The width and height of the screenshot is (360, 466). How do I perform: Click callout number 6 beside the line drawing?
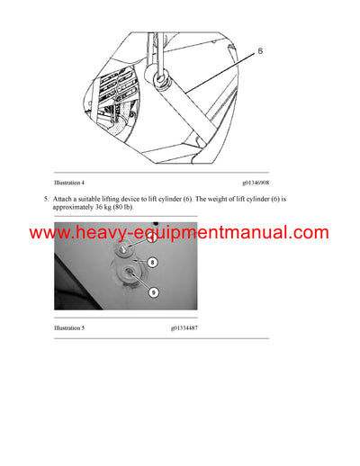260,52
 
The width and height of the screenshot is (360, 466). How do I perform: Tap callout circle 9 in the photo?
154,291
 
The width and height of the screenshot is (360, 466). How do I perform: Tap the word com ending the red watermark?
309,232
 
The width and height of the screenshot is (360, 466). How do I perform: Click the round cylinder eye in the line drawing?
163,81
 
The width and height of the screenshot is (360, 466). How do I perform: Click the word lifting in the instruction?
118,198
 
